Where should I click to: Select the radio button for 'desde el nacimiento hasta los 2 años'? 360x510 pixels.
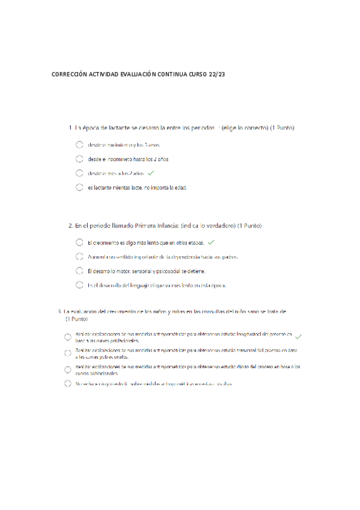tap(79, 159)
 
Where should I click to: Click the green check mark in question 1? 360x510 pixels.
tap(151, 173)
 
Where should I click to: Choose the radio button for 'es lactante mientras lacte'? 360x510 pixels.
tap(79, 188)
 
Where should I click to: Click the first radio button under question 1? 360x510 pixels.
tap(79, 145)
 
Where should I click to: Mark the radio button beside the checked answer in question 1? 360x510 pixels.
tap(79, 173)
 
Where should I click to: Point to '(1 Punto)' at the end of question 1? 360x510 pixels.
tap(282, 128)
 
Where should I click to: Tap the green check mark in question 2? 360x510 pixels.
tap(210, 243)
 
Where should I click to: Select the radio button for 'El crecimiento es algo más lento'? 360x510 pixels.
tap(79, 243)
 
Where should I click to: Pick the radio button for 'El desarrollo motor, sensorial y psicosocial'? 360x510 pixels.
tap(79, 271)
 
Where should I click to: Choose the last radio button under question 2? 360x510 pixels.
tap(79, 285)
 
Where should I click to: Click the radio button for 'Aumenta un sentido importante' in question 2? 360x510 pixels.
tap(79, 257)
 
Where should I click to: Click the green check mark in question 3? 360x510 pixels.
tap(299, 336)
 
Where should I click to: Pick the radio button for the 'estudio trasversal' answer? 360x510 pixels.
tap(68, 352)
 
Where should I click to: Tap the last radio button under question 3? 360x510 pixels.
tap(68, 383)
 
